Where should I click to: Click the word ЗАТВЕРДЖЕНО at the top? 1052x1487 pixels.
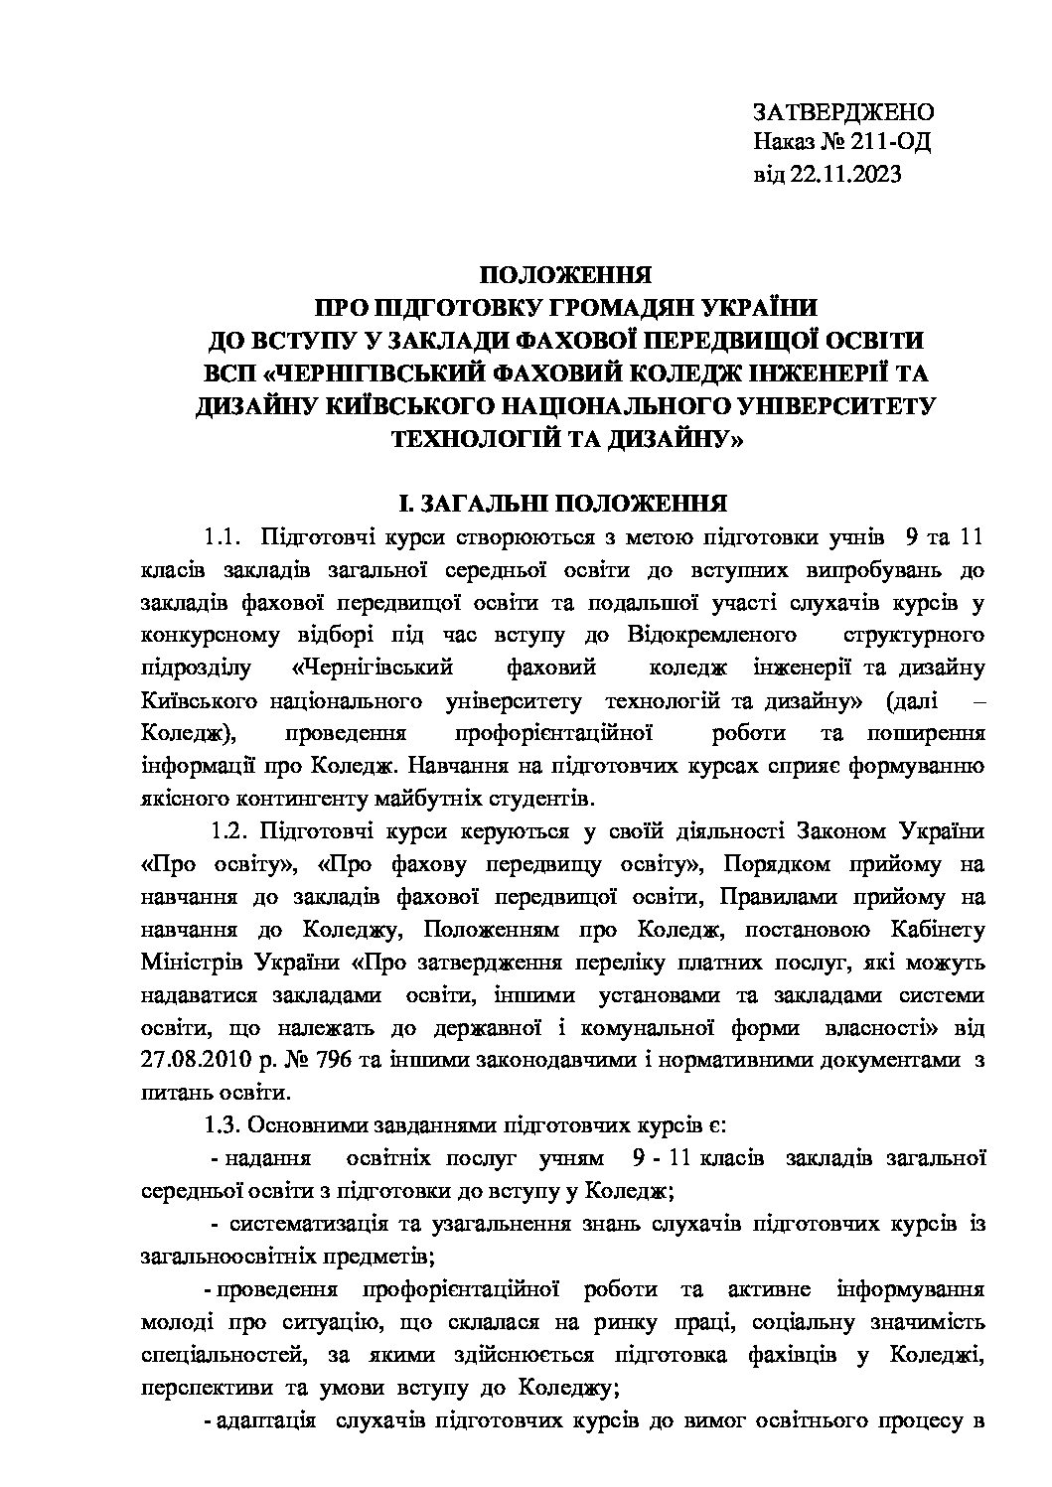pos(843,111)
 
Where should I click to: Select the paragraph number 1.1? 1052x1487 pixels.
pos(224,538)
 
